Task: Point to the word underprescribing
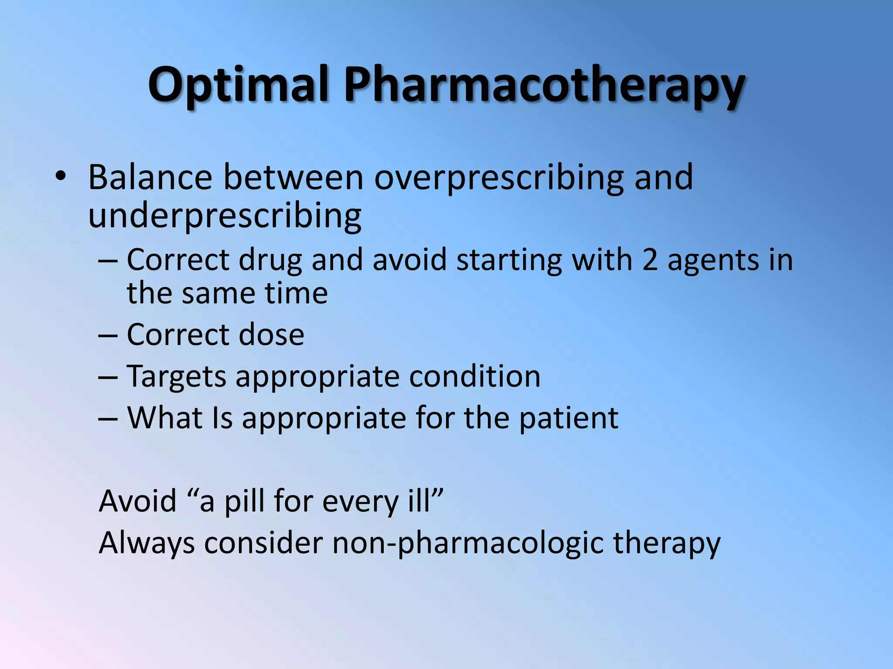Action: (x=225, y=216)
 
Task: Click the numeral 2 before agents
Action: (x=650, y=260)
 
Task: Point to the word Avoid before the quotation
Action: (x=138, y=501)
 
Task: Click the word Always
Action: (x=147, y=544)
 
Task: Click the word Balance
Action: (x=150, y=178)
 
